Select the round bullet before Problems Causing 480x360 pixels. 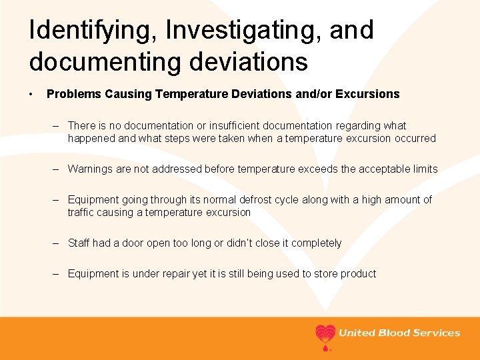click(32, 94)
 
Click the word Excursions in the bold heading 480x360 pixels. click(371, 94)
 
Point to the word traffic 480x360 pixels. click(82, 212)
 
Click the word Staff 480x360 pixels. click(79, 243)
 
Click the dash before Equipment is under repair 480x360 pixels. click(58, 273)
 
